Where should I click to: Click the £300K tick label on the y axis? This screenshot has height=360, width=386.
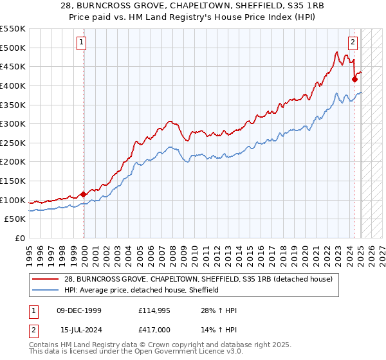(13, 123)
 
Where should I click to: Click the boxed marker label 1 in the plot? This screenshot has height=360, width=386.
(82, 43)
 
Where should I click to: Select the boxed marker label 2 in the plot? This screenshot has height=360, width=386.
(353, 43)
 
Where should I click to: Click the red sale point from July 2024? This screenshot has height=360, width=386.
(354, 79)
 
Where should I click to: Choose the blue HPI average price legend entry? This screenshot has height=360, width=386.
(142, 290)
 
